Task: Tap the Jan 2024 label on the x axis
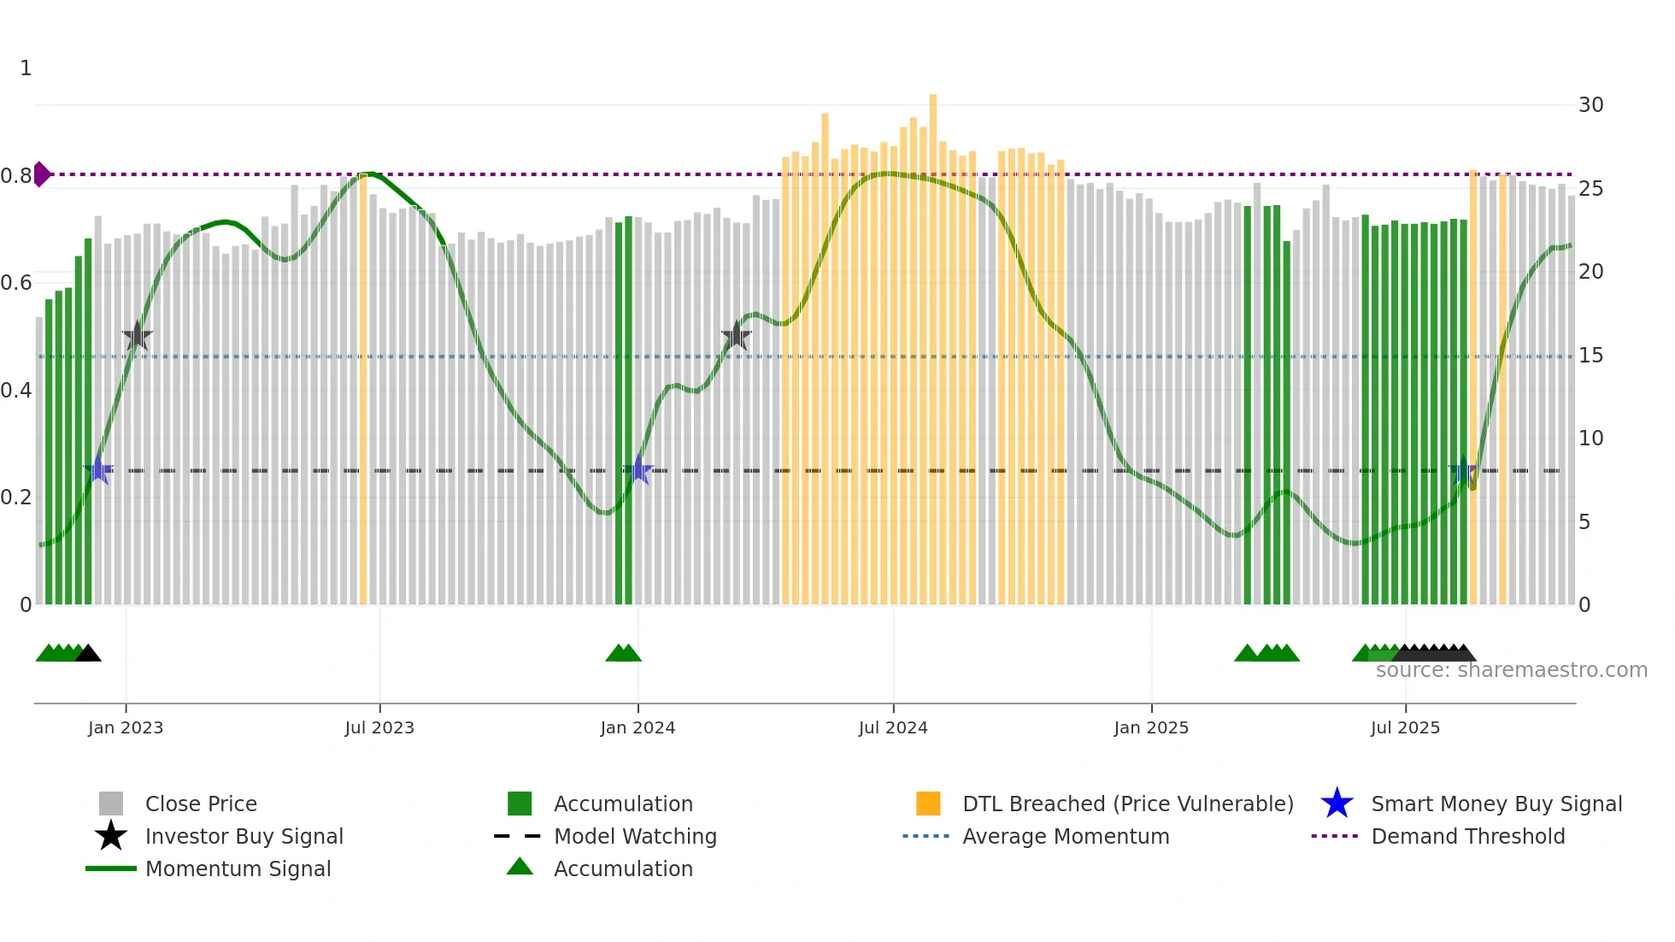(638, 727)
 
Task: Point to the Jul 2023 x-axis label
(379, 727)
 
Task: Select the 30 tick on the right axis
(1590, 105)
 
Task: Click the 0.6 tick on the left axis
(16, 283)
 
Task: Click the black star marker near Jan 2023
(137, 337)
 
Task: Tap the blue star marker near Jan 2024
(638, 470)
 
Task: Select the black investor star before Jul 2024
(736, 336)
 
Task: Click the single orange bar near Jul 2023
(363, 389)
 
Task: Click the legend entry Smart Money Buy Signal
(1496, 804)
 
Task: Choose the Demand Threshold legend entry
(1467, 837)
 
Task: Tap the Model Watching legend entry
(634, 837)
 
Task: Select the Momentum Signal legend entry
(238, 869)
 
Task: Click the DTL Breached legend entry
(1127, 804)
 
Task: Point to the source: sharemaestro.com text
(1511, 670)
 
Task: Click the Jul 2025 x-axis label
(1405, 727)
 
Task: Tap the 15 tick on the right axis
(1590, 356)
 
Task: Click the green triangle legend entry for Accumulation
(622, 869)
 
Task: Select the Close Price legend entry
(200, 804)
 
